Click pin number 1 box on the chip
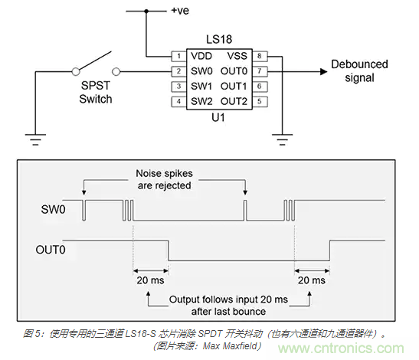click(x=176, y=56)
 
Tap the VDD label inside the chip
click(x=201, y=56)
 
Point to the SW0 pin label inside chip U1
click(x=201, y=71)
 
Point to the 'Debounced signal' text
click(x=359, y=71)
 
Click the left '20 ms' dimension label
click(x=150, y=281)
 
